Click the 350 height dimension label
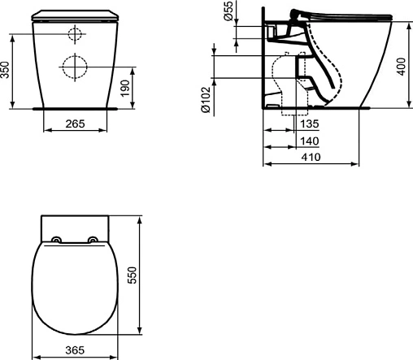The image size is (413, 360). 7,72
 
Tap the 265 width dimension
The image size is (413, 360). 75,124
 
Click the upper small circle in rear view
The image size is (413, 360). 74,35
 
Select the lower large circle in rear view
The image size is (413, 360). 74,66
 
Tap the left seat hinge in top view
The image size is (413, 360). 56,239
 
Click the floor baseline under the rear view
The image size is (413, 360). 75,106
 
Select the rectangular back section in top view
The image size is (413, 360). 75,225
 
